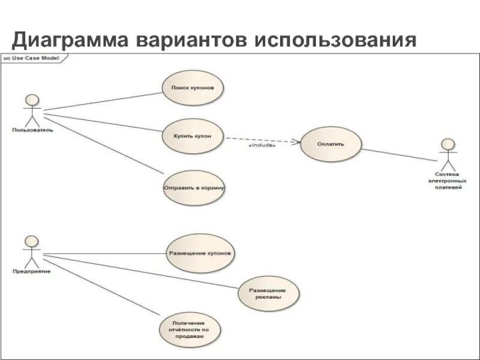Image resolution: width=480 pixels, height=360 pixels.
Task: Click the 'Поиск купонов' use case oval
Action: pyautogui.click(x=193, y=88)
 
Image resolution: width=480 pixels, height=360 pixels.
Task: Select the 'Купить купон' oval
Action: pyautogui.click(x=193, y=136)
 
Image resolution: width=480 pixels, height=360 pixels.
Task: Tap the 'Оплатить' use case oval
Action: pyautogui.click(x=331, y=145)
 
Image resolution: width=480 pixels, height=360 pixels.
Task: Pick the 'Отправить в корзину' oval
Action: pyautogui.click(x=193, y=187)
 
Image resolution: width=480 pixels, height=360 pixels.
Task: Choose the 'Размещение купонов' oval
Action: pyautogui.click(x=200, y=254)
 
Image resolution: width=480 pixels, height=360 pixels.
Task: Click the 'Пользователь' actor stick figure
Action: pyautogui.click(x=31, y=108)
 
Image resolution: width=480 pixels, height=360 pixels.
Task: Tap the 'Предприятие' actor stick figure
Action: pyautogui.click(x=31, y=251)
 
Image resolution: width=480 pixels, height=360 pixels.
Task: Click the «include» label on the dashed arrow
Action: pyautogui.click(x=262, y=145)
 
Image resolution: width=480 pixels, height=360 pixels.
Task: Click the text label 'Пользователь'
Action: pyautogui.click(x=32, y=129)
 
